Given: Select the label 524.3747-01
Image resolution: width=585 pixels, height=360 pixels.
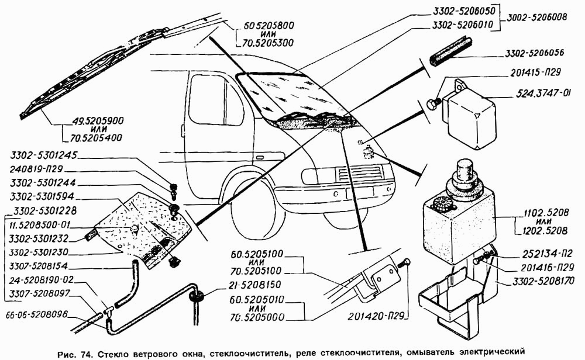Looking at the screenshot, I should pos(543,92).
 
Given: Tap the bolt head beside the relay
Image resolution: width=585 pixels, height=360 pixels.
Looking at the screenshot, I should pos(433,103).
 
